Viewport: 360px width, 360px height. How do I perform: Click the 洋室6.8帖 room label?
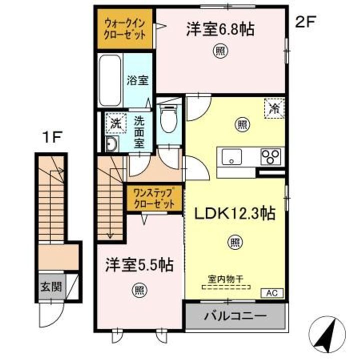point(220,29)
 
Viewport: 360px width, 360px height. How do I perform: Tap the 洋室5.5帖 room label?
point(138,265)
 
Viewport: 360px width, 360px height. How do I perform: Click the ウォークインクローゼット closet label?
point(125,28)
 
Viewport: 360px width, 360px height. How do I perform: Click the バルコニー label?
point(234,316)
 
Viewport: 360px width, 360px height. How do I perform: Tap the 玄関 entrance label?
point(51,287)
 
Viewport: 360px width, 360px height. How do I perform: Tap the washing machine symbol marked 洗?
point(115,124)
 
